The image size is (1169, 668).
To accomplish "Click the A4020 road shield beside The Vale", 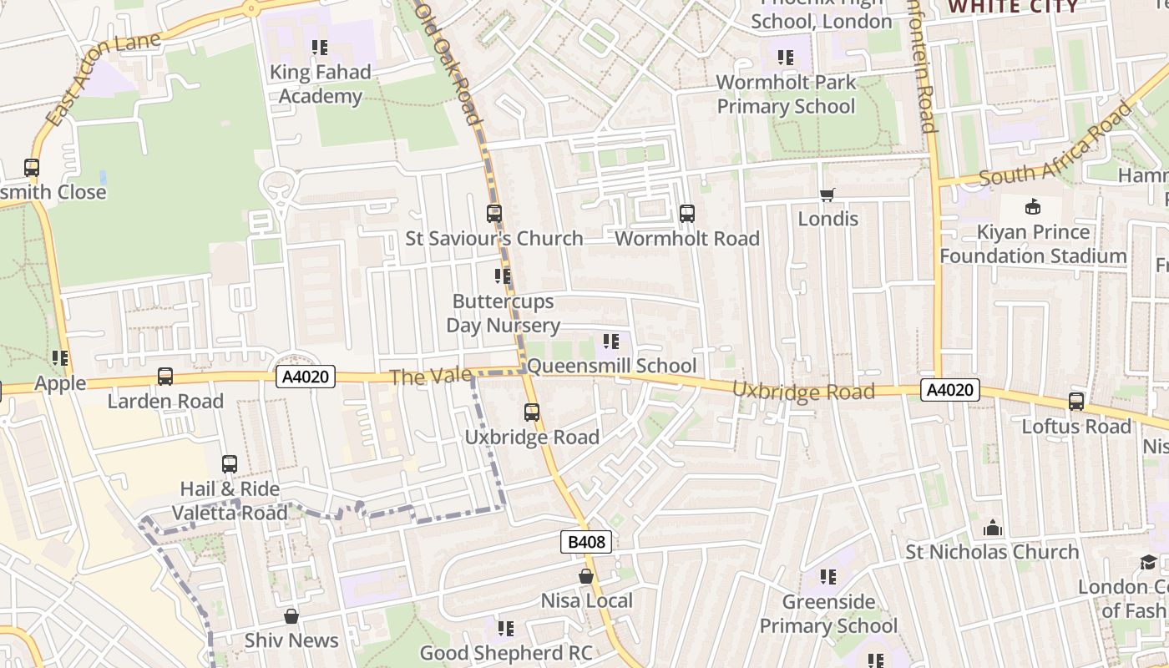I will [x=306, y=377].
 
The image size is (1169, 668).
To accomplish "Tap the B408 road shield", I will [x=586, y=542].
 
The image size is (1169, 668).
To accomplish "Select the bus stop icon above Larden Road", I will [x=165, y=377].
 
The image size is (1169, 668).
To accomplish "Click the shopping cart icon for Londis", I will [x=827, y=195].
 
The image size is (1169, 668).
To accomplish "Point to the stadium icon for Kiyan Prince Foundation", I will [x=1033, y=206].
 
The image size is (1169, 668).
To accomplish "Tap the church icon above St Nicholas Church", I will [x=992, y=528].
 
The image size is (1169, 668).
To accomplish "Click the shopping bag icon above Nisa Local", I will [x=586, y=576].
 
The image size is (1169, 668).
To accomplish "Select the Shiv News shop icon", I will [x=291, y=616].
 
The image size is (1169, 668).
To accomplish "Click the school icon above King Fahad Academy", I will [x=320, y=48].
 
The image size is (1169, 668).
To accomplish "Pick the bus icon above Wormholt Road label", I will [x=686, y=214].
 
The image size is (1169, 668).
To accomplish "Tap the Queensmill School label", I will [x=611, y=366].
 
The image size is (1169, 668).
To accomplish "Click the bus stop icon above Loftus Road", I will [x=1075, y=402].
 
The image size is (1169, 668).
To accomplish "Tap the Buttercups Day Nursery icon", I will [x=502, y=276].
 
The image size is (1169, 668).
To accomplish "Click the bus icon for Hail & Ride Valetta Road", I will [x=229, y=464].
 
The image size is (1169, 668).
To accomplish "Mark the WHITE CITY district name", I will [x=1013, y=7].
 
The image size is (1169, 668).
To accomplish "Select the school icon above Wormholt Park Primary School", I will [x=786, y=58].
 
